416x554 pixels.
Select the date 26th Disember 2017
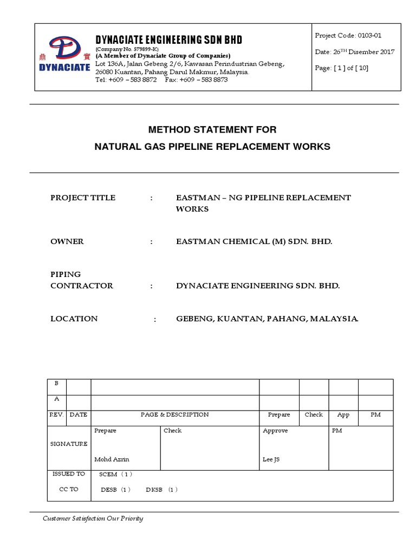(x=354, y=52)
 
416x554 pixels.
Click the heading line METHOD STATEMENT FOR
(x=212, y=130)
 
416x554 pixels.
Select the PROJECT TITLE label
(x=83, y=197)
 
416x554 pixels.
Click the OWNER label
(x=67, y=241)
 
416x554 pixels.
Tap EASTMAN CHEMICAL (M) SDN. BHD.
(x=254, y=241)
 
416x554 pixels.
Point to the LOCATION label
(x=74, y=319)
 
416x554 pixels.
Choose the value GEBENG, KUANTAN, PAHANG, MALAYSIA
(x=267, y=319)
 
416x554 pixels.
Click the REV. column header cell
(x=57, y=414)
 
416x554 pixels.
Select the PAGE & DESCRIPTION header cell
(x=174, y=414)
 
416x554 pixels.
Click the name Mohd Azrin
(x=112, y=459)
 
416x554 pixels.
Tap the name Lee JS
(x=271, y=459)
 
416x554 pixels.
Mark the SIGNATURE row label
(x=69, y=444)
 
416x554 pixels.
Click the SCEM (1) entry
(x=115, y=474)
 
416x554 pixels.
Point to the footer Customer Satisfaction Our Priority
(x=93, y=519)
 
